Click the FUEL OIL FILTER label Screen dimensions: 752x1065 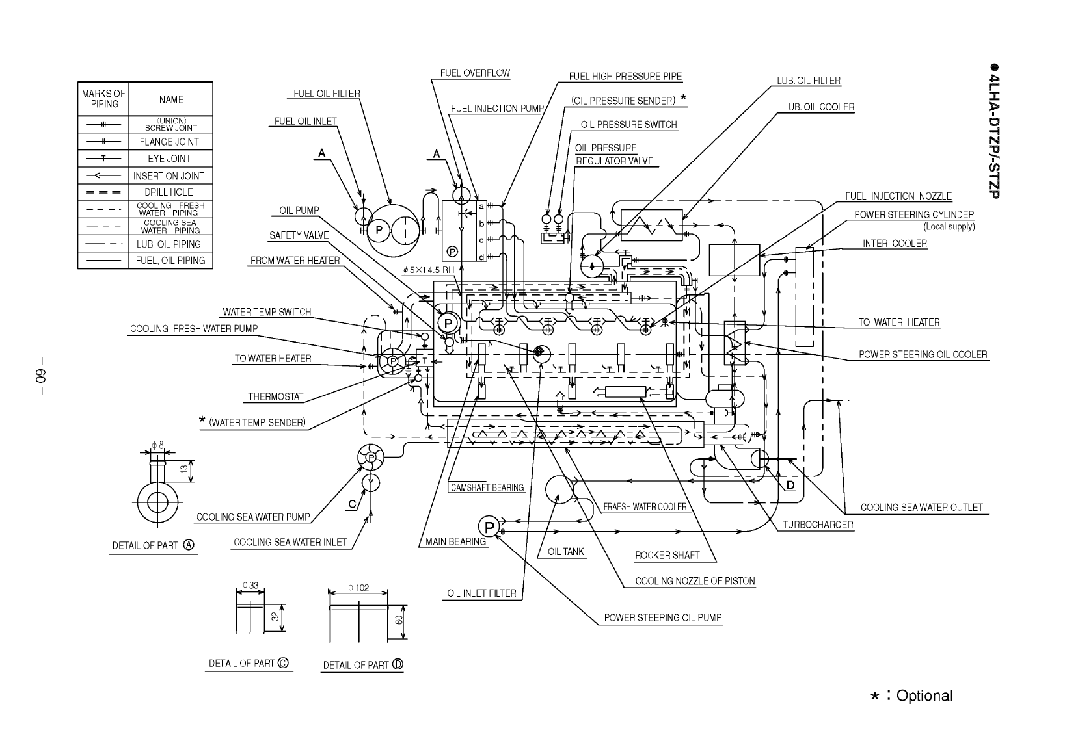click(x=327, y=94)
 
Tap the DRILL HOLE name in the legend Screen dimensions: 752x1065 click(x=169, y=192)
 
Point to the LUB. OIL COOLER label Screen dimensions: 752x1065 click(x=818, y=107)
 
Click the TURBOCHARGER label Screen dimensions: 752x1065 click(x=817, y=525)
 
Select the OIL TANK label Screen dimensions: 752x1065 click(x=565, y=552)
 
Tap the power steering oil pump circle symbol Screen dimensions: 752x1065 click(x=489, y=526)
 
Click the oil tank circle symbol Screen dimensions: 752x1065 click(x=558, y=489)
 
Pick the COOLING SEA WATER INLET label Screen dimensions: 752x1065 click(x=290, y=542)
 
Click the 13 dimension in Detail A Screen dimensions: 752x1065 click(x=184, y=468)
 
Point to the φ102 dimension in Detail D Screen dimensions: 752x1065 click(x=358, y=588)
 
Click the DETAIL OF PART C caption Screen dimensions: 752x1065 click(x=248, y=664)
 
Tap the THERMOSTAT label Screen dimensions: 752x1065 click(x=275, y=396)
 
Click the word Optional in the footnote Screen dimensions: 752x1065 click(x=924, y=696)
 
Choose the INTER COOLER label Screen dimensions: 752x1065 click(x=895, y=244)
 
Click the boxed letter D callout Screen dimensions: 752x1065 click(x=790, y=486)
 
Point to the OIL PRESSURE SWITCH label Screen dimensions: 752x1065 click(x=628, y=125)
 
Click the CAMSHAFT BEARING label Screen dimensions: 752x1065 click(x=487, y=487)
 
